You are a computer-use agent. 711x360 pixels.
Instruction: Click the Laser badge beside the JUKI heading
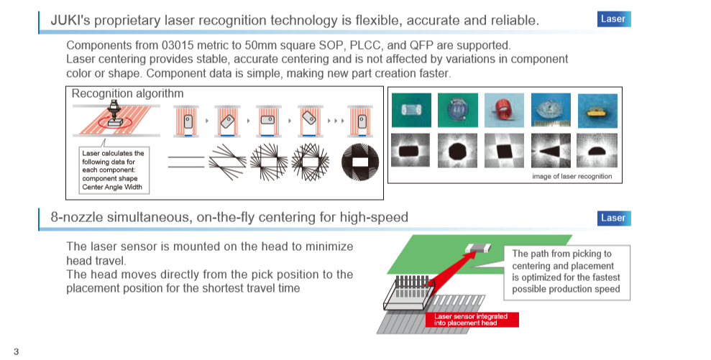click(613, 19)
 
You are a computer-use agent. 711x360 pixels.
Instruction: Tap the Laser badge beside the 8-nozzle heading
click(613, 218)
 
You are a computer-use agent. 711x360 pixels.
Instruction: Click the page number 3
click(17, 351)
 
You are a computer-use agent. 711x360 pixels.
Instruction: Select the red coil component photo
click(504, 110)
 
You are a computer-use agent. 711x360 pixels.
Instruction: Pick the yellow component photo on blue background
click(597, 111)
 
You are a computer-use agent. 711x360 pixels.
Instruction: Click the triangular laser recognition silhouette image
click(551, 150)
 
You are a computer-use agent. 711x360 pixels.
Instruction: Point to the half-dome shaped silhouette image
click(597, 150)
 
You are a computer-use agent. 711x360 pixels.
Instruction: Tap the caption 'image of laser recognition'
click(572, 176)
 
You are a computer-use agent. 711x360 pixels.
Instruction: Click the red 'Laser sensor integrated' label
click(472, 320)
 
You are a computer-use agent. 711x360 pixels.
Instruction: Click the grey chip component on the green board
click(478, 248)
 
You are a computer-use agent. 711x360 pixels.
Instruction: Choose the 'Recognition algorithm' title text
click(127, 93)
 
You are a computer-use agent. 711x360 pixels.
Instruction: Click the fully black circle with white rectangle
click(360, 162)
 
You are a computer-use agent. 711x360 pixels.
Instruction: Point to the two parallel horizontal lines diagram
click(186, 162)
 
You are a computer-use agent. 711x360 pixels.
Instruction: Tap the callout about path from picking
click(566, 272)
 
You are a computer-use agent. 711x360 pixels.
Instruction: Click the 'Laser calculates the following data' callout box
click(114, 170)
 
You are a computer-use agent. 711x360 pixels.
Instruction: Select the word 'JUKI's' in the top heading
click(70, 20)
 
